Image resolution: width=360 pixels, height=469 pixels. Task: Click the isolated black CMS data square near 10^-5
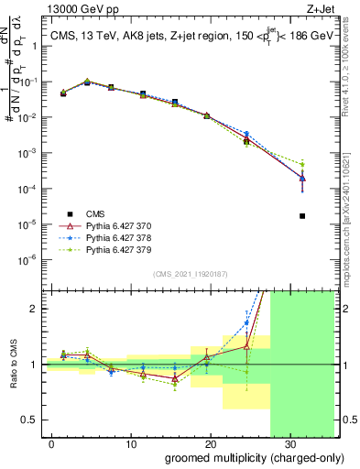tap(302, 216)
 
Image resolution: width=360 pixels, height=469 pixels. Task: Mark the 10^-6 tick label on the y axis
tap(30, 259)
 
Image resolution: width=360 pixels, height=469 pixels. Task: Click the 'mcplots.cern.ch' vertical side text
tap(352, 211)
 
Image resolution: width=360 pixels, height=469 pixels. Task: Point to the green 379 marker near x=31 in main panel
tap(302, 164)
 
